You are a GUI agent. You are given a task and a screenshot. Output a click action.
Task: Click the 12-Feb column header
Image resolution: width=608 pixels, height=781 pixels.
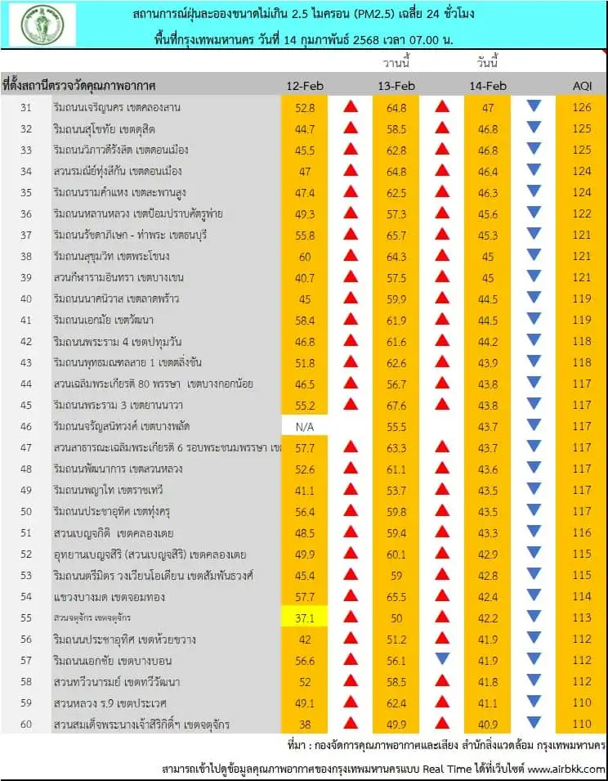pos(305,86)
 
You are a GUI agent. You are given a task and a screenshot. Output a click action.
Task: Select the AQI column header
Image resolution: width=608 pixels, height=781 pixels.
pos(581,86)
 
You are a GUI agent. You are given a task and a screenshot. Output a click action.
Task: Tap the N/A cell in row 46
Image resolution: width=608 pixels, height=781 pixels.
pos(305,426)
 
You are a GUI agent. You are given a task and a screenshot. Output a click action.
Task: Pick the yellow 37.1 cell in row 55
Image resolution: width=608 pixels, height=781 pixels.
pos(305,617)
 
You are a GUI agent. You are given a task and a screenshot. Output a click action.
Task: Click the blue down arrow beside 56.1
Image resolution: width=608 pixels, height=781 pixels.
pos(442,659)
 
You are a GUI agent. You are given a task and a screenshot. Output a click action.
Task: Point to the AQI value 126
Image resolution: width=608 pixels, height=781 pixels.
pos(581,107)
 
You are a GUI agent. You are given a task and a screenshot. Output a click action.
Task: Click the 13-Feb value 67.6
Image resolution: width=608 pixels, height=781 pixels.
pos(396,405)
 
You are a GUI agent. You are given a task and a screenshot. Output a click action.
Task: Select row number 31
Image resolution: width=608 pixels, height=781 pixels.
pos(26,107)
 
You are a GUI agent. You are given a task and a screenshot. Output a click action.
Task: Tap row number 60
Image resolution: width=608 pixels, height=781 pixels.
pos(26,724)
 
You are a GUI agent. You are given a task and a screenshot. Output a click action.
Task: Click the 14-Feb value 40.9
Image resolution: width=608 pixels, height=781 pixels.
pos(488,724)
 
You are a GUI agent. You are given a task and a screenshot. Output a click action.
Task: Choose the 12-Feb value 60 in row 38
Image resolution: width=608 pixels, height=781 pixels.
pos(305,256)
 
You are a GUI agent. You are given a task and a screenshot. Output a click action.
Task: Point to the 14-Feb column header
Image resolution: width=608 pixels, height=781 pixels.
pos(488,86)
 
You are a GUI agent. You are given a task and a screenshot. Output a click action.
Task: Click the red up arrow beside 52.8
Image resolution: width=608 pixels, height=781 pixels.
pos(350,107)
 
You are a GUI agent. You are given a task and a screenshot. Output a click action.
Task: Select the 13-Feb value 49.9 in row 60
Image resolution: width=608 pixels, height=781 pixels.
pos(396,724)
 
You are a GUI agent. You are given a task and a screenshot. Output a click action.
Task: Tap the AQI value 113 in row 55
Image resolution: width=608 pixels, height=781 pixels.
pos(581,617)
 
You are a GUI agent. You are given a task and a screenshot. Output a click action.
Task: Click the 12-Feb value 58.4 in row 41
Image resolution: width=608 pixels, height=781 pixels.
pos(305,320)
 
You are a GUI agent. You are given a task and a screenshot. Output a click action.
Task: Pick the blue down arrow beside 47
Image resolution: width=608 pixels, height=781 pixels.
pos(534,106)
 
